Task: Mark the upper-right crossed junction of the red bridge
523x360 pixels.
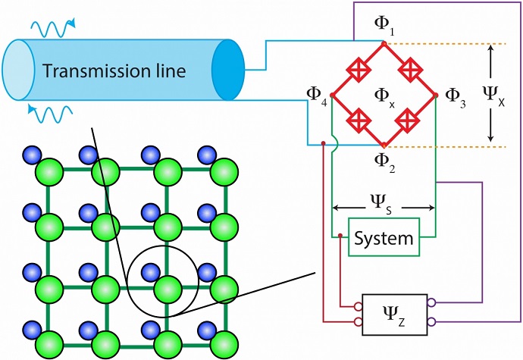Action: pyautogui.click(x=410, y=70)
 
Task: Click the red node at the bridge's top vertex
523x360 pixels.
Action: pyautogui.click(x=384, y=44)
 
